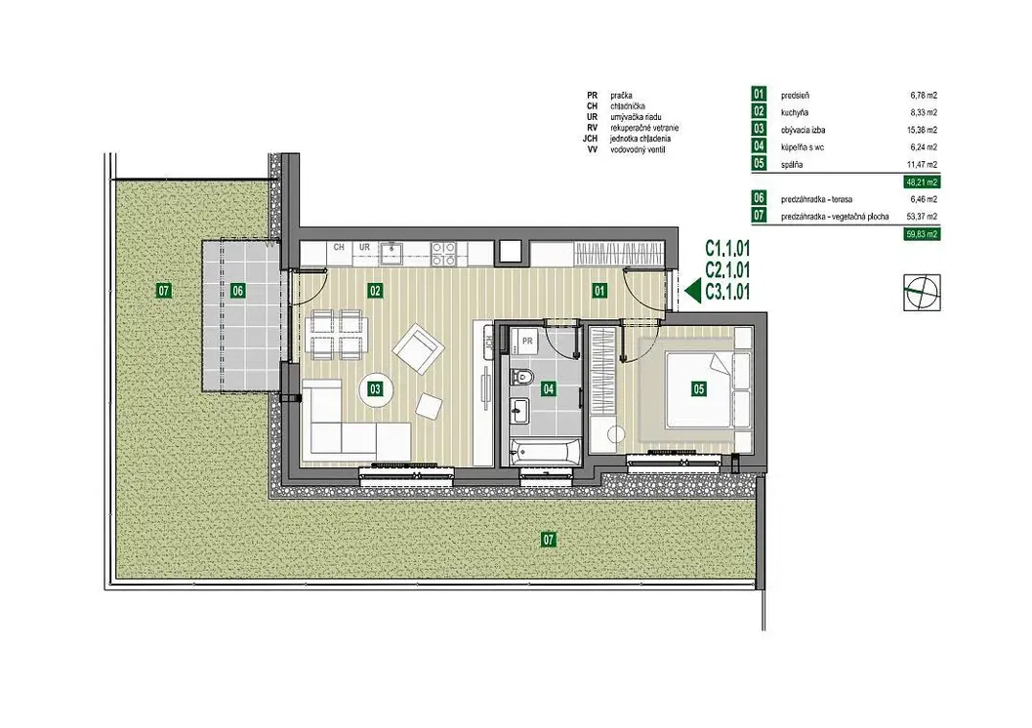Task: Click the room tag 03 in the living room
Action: pyautogui.click(x=375, y=388)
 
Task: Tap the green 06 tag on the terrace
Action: pyautogui.click(x=237, y=290)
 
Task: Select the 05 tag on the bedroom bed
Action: pyautogui.click(x=698, y=388)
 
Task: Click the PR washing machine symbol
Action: pyautogui.click(x=526, y=340)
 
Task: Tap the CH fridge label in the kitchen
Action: pyautogui.click(x=339, y=247)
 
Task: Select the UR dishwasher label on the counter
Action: pyautogui.click(x=364, y=247)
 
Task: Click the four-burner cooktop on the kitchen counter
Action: pyautogui.click(x=444, y=253)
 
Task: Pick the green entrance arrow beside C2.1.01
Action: pyautogui.click(x=692, y=290)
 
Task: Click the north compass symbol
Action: pyautogui.click(x=922, y=292)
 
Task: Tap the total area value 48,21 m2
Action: pyautogui.click(x=922, y=182)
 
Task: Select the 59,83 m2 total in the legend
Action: pyautogui.click(x=922, y=233)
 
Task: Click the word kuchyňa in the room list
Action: pyautogui.click(x=795, y=112)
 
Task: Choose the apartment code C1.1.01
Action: pyautogui.click(x=727, y=248)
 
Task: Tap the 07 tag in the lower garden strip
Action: pyautogui.click(x=549, y=540)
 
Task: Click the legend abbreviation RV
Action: pyautogui.click(x=592, y=128)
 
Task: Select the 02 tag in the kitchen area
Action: pyautogui.click(x=375, y=290)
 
